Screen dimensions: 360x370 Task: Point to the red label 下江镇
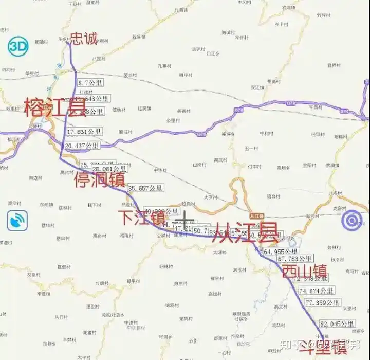(x=141, y=217)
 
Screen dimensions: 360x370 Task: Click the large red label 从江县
(x=246, y=232)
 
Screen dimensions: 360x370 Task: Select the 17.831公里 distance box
(x=84, y=132)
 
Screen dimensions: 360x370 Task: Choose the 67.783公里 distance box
(x=295, y=259)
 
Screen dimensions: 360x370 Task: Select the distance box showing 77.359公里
(x=322, y=303)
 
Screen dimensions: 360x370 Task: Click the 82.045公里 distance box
(x=337, y=324)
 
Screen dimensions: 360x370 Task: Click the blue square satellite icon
(x=16, y=222)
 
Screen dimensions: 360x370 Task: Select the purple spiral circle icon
(x=353, y=222)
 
